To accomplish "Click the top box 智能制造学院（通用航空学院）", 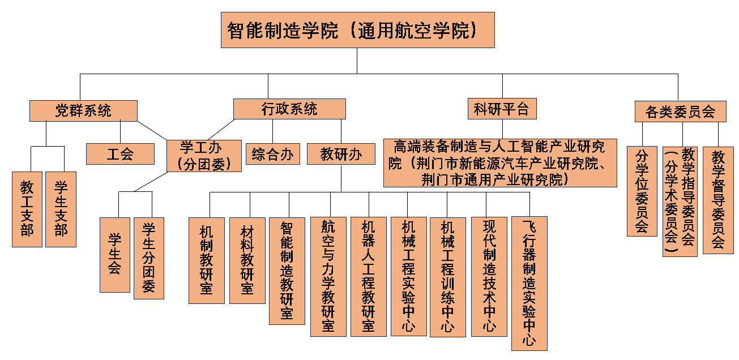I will point(357,30).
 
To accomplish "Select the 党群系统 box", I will point(83,111).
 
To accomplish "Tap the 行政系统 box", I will point(289,109).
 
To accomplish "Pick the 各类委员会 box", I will point(680,112).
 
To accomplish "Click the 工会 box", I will point(120,153).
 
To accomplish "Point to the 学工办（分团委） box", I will point(204,155).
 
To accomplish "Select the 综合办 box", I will point(273,153).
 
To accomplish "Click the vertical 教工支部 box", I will point(27,209).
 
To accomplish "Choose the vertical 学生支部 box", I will point(61,209).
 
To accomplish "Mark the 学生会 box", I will point(115,255).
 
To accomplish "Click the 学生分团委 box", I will point(149,258).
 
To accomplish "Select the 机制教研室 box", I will point(206,260).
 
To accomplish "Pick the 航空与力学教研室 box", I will point(328,277).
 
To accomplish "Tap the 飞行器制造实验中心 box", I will point(529,283).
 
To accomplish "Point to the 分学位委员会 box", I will point(642,191).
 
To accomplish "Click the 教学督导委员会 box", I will point(718,200).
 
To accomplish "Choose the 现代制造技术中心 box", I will point(489,276).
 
